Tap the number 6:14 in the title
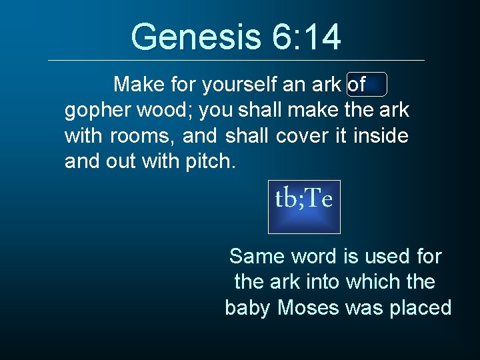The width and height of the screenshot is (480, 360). [x=307, y=37]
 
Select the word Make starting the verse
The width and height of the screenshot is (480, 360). [x=137, y=85]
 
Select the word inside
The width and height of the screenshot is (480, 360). [x=381, y=136]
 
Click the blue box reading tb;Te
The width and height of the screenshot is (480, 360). [x=304, y=207]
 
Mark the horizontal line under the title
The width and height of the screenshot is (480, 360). [x=237, y=61]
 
